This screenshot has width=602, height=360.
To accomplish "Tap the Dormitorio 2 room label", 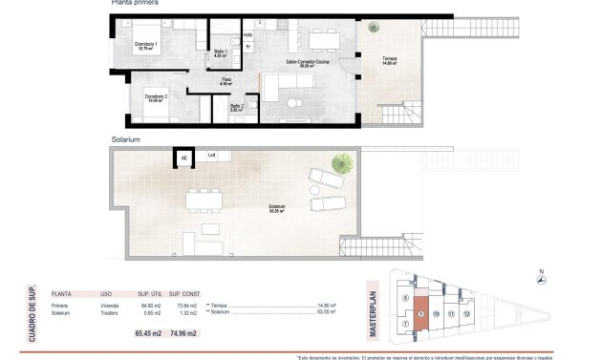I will [x=157, y=97].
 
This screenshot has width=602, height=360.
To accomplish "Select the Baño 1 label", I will [x=219, y=53].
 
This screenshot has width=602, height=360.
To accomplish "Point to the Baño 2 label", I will [x=236, y=107].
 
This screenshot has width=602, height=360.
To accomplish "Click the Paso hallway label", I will [x=227, y=81].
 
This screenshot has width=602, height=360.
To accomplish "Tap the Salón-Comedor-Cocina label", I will [x=307, y=63].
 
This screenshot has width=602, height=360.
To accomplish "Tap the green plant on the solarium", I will [x=336, y=161].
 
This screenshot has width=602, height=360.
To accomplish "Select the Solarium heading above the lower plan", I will [x=126, y=139].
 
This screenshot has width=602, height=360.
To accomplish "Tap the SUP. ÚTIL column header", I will [x=150, y=293].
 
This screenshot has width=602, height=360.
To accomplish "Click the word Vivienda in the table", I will [x=109, y=306].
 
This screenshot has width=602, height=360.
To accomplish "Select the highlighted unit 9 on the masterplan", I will [x=420, y=314].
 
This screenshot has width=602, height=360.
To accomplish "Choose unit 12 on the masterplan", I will [x=467, y=312].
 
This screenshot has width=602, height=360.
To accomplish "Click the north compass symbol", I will [x=542, y=279].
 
